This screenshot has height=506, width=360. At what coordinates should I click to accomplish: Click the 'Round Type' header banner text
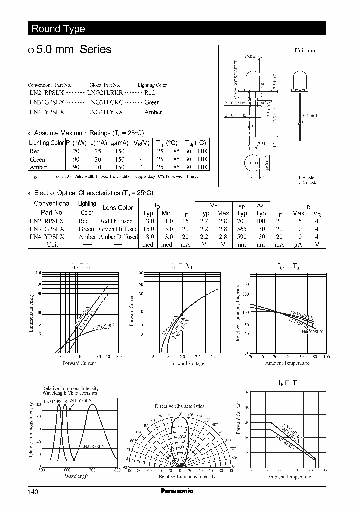(x=58, y=29)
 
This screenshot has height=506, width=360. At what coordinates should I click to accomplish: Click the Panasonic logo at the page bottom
(x=176, y=491)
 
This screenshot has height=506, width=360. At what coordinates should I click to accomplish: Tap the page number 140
(x=33, y=492)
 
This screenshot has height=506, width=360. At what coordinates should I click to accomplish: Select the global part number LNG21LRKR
(x=105, y=93)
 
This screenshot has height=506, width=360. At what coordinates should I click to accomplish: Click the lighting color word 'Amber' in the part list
(x=153, y=112)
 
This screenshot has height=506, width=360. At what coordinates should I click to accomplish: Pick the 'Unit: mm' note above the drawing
(x=305, y=50)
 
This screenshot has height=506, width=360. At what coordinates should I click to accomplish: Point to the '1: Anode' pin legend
(x=307, y=178)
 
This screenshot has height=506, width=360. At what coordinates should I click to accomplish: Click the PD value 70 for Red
(x=76, y=151)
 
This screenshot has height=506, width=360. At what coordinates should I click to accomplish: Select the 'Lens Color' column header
(x=117, y=208)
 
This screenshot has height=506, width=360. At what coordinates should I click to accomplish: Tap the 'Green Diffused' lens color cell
(x=118, y=229)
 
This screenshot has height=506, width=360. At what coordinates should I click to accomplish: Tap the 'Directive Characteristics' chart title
(x=179, y=406)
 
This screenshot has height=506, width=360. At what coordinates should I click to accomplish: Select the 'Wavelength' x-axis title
(x=76, y=476)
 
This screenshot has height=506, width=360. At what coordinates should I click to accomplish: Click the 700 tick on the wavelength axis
(x=92, y=470)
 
